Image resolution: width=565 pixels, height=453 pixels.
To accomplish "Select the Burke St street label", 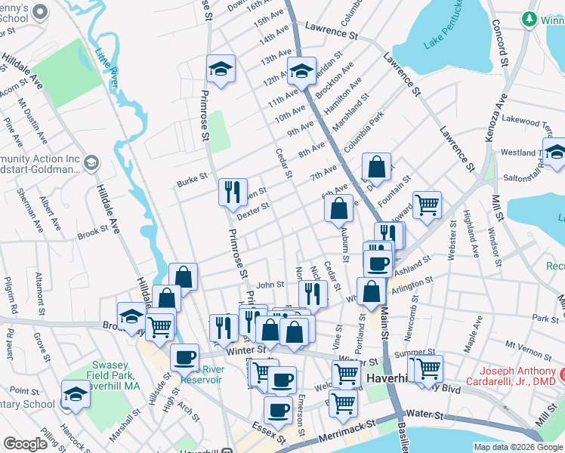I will (x=192, y=179).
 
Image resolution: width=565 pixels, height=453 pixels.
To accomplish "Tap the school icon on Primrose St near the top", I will (x=221, y=69).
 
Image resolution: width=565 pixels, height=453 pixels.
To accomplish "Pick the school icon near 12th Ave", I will (x=301, y=72).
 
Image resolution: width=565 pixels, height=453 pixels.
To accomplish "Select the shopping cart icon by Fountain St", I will (x=427, y=204).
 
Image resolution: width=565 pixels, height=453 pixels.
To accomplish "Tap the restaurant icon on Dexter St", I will (x=233, y=191).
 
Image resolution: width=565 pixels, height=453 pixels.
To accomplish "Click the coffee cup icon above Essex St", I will (x=278, y=410).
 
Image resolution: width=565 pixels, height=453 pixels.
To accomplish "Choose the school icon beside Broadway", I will (x=131, y=315).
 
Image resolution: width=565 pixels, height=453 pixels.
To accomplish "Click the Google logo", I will (x=26, y=444).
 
